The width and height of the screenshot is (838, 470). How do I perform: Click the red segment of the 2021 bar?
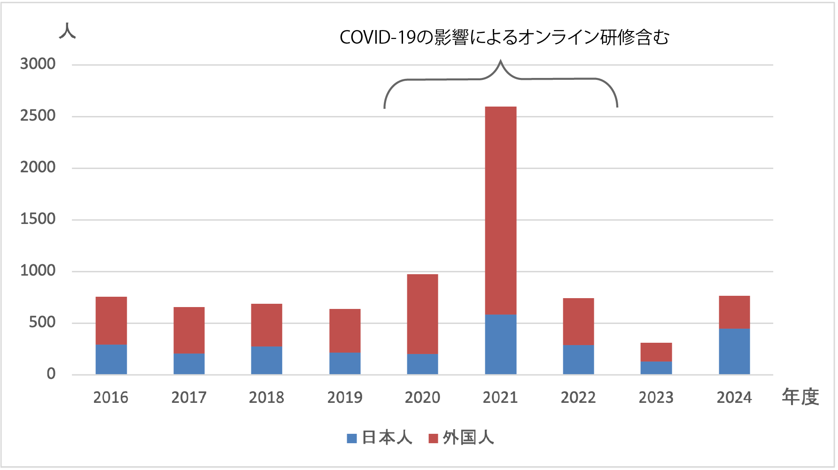point(500,210)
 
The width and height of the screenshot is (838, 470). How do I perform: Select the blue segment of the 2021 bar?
point(500,344)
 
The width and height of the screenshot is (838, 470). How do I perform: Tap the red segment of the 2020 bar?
point(422,314)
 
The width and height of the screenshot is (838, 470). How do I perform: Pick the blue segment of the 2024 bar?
point(734,351)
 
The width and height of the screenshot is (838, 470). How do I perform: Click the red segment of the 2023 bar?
point(656,352)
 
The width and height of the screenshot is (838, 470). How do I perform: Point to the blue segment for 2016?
point(111,359)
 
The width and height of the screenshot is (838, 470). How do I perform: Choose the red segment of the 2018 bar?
point(267,325)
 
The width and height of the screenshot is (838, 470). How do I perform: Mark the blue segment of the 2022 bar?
point(578,360)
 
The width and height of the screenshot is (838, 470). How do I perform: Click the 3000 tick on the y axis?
point(38,64)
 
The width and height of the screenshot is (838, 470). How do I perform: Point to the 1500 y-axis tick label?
point(38,219)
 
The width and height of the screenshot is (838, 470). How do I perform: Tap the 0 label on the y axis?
point(51,374)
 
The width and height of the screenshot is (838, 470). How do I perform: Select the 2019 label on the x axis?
point(345,398)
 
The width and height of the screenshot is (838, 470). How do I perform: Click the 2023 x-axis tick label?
point(656,398)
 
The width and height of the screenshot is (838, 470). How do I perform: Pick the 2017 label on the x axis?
point(189,398)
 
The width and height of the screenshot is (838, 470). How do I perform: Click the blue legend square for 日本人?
point(352,439)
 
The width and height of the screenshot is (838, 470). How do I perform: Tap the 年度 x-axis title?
point(800,397)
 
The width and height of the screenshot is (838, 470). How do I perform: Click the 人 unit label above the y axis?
point(67,31)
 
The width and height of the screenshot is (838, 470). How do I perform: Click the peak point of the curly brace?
point(501,61)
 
